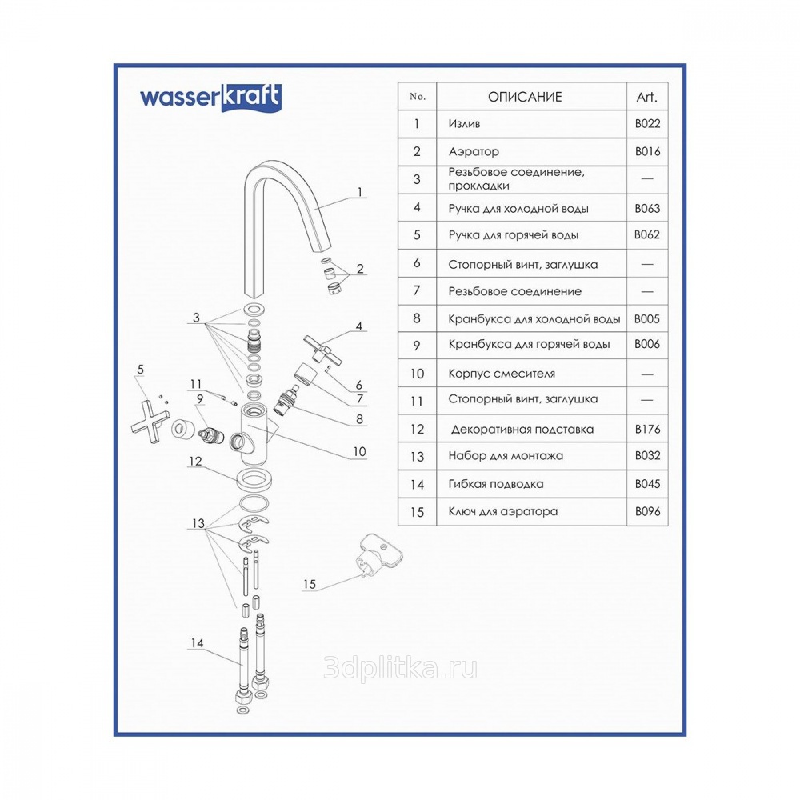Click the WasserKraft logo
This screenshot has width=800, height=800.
click(x=210, y=98)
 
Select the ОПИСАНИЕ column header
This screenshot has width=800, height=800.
click(x=525, y=97)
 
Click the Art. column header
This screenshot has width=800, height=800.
click(x=646, y=97)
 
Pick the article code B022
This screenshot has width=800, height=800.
click(x=647, y=124)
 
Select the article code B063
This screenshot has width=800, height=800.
click(x=647, y=208)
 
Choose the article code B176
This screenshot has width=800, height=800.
click(x=647, y=429)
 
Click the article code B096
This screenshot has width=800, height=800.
click(x=647, y=511)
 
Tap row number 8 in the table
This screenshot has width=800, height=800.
click(x=417, y=318)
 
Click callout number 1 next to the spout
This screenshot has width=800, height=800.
click(x=360, y=192)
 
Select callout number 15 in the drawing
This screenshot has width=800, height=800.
click(x=309, y=585)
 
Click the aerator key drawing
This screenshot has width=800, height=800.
click(x=370, y=554)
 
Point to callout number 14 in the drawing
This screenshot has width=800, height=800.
click(x=197, y=642)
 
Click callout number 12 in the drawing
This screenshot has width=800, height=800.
click(x=195, y=461)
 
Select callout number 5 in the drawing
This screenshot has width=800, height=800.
click(x=141, y=369)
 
